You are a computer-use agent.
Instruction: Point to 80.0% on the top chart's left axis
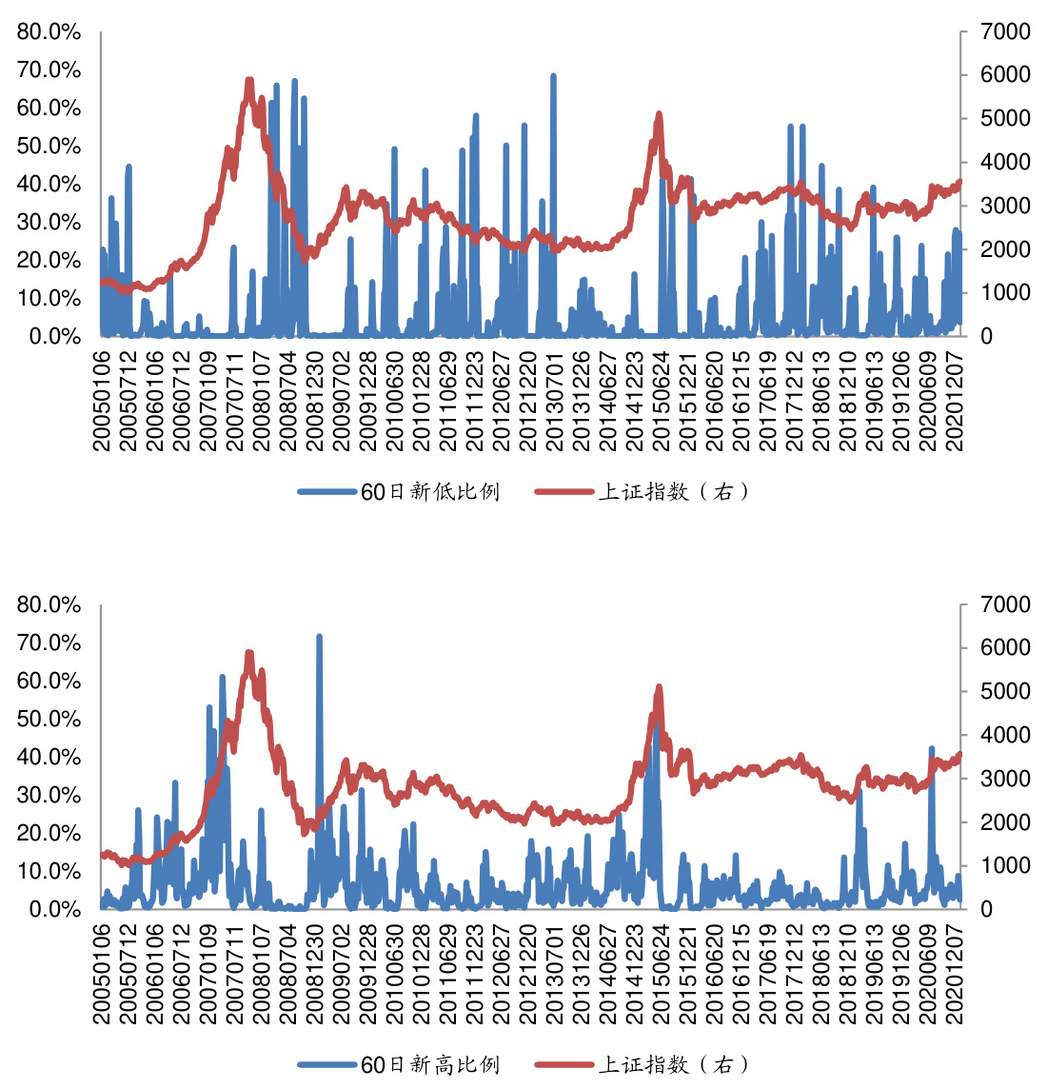click(x=49, y=32)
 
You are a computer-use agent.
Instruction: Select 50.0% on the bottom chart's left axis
click(x=49, y=720)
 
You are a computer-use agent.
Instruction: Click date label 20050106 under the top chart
click(x=102, y=401)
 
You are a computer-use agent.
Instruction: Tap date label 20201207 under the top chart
click(x=955, y=401)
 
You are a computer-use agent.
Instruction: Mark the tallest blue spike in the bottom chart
click(x=319, y=637)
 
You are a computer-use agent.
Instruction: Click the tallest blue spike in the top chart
click(x=553, y=76)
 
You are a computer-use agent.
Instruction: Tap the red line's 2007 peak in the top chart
click(x=249, y=81)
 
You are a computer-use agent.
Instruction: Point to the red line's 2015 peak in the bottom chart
click(x=658, y=687)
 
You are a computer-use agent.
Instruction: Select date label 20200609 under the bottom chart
click(x=928, y=973)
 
